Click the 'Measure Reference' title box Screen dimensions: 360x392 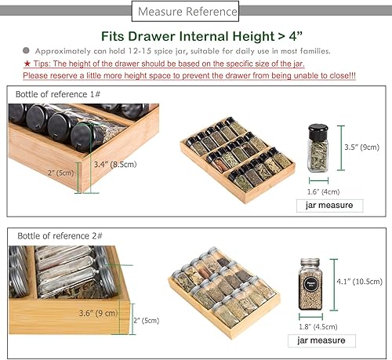point(186,13)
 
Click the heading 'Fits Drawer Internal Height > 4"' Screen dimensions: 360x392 point(196,35)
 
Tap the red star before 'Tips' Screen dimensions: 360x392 point(27,63)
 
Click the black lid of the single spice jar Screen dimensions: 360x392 point(317,131)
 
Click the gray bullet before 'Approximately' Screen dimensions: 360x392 point(26,49)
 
